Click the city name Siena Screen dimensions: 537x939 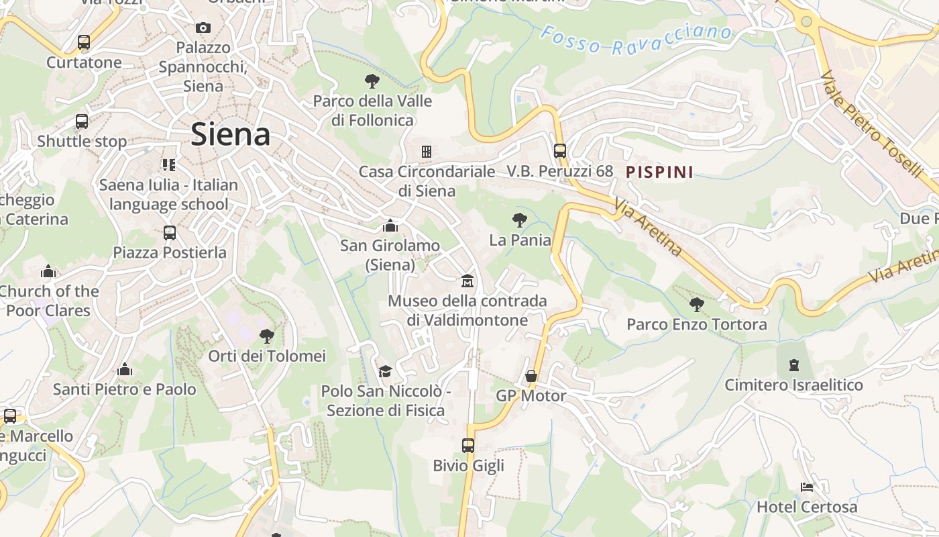(231, 134)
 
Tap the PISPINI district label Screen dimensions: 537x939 (659, 173)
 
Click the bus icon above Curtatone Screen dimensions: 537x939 (84, 42)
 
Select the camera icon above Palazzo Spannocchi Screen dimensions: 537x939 (203, 28)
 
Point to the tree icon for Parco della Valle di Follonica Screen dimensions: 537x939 (372, 81)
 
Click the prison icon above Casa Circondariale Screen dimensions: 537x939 (426, 151)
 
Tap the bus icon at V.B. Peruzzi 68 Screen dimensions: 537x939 (560, 151)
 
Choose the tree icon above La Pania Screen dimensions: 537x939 (519, 219)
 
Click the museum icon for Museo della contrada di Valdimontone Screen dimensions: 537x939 (467, 280)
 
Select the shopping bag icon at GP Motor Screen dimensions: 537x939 (531, 376)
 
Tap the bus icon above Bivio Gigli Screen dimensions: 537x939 (468, 445)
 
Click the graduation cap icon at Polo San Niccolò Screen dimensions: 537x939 (385, 371)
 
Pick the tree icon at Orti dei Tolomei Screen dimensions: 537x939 (267, 336)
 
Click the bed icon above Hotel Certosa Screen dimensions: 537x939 (807, 487)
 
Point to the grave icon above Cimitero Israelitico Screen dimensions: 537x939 (794, 365)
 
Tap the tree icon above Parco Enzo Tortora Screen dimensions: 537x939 (697, 304)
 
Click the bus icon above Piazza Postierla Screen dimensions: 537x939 (170, 233)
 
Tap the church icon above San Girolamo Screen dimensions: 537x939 (390, 226)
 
